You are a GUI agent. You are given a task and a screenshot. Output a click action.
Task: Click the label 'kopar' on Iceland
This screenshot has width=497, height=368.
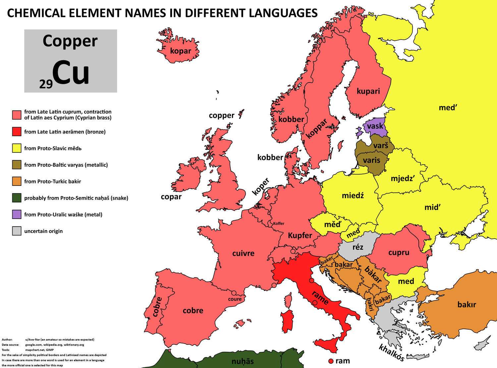[x=181, y=51]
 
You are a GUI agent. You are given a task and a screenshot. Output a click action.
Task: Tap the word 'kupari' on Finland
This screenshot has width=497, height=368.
[x=368, y=91]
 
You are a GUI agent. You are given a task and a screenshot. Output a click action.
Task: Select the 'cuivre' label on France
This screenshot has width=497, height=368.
[x=243, y=253]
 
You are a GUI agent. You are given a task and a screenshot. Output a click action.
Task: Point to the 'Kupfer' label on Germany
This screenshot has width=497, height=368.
[x=300, y=236]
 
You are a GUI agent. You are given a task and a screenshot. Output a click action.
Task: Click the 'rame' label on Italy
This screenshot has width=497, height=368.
[x=320, y=297]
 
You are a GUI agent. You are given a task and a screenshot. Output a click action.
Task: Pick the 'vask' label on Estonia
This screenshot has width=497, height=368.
[x=375, y=126]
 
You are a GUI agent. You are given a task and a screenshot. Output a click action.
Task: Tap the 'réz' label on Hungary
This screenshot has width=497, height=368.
[x=358, y=247]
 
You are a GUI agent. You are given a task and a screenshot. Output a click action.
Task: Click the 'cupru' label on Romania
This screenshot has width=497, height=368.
[x=399, y=252]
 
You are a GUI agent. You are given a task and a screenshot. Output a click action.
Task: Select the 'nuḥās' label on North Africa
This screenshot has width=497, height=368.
[x=243, y=361]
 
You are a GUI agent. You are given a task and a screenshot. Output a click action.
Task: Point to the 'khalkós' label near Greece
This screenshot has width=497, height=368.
[x=391, y=353]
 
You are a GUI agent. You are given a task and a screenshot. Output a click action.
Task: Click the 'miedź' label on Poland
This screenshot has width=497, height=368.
[x=353, y=196]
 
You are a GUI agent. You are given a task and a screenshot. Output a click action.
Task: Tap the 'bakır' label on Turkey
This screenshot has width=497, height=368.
[x=467, y=304]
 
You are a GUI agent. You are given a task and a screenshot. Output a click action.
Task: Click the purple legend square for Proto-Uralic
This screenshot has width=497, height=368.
[x=17, y=214]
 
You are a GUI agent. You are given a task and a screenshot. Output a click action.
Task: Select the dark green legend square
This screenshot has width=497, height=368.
[x=17, y=198]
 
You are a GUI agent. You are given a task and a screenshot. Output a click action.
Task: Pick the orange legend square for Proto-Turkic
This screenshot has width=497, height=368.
[x=17, y=181]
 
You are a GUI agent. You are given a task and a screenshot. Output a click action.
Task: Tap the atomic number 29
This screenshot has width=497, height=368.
[x=46, y=84]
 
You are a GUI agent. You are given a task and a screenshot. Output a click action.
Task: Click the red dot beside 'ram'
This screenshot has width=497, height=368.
[x=330, y=361]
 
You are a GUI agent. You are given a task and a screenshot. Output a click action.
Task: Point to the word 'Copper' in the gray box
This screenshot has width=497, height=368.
[x=70, y=41]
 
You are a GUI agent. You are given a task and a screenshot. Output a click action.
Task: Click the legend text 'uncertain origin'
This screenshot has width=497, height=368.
[x=43, y=231]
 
